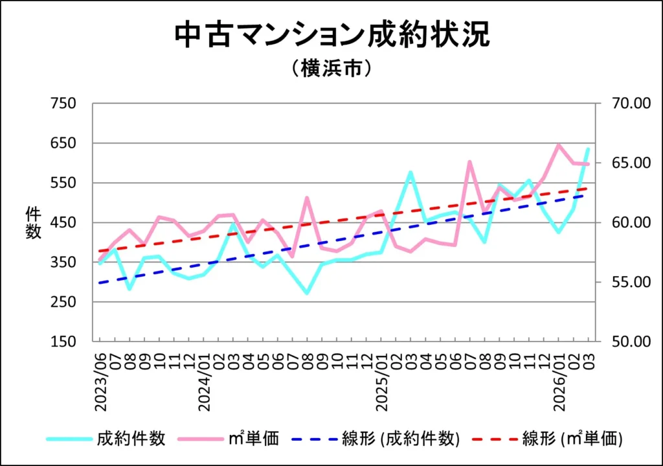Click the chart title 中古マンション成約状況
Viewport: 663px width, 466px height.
click(x=331, y=36)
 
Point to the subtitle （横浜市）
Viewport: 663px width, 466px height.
click(x=331, y=69)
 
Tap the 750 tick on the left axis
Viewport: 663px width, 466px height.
click(x=63, y=104)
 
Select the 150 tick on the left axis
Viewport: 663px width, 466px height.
click(x=63, y=342)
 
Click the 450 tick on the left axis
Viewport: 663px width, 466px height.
click(x=63, y=223)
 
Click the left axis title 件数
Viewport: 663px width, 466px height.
click(x=33, y=222)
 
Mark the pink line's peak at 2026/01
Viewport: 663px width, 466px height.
click(x=559, y=145)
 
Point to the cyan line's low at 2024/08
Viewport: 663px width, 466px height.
click(x=308, y=294)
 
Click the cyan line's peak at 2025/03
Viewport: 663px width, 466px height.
click(x=410, y=172)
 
